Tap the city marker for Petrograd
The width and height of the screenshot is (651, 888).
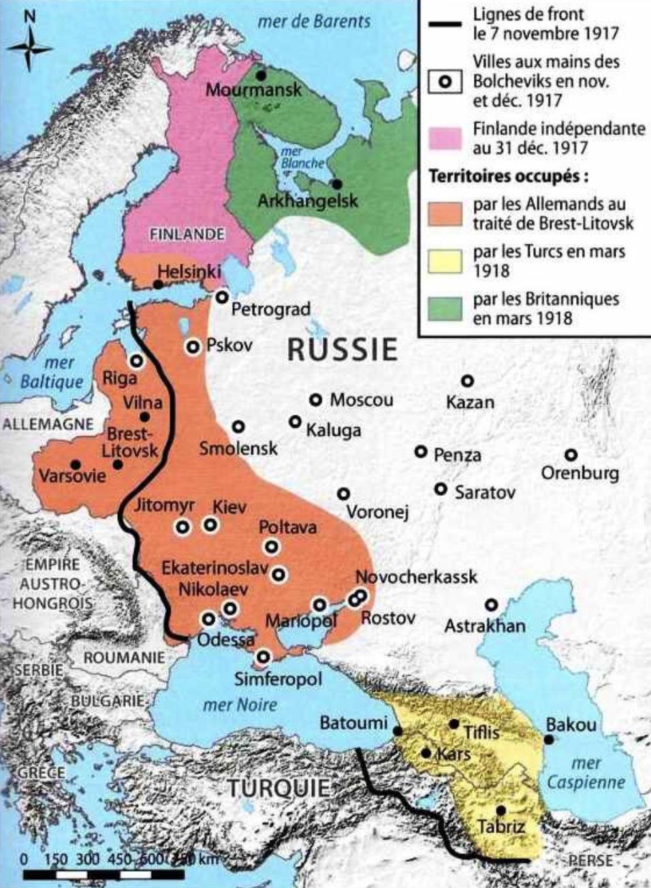click(x=222, y=297)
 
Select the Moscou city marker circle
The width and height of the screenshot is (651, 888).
click(x=315, y=400)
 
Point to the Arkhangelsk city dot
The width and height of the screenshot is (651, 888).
click(x=336, y=185)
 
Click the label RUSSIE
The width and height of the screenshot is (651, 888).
click(x=342, y=349)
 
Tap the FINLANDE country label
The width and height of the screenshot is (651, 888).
click(x=187, y=234)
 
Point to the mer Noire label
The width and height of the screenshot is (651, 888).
click(x=240, y=704)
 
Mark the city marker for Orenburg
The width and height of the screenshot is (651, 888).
click(x=571, y=455)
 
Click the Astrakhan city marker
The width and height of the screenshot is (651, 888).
click(x=491, y=605)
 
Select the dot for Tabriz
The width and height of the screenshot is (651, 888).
click(x=501, y=810)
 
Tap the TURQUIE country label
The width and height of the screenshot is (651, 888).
click(x=278, y=789)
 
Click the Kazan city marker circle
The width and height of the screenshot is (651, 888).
click(x=467, y=381)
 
